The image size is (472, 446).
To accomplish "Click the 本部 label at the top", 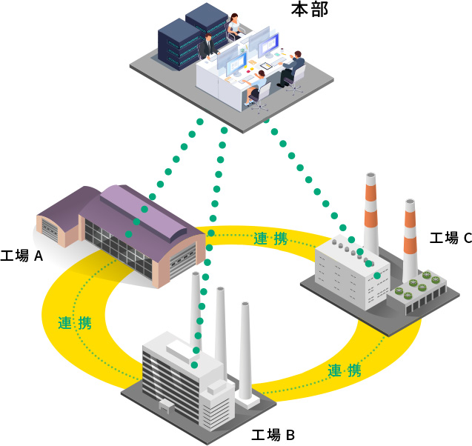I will [310, 10].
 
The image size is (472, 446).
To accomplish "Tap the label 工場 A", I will [22, 256].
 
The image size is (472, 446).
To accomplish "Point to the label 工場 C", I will [451, 238].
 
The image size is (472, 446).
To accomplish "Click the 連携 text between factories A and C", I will [270, 239].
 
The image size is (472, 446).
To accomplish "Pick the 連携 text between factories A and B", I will [75, 323].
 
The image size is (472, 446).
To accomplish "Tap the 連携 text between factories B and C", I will [345, 370].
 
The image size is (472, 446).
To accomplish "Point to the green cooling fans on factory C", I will [415, 287].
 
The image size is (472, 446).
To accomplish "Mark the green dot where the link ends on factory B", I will [194, 365].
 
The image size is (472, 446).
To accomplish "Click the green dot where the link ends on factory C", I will [377, 276].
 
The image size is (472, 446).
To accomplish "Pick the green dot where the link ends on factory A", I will [129, 233].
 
